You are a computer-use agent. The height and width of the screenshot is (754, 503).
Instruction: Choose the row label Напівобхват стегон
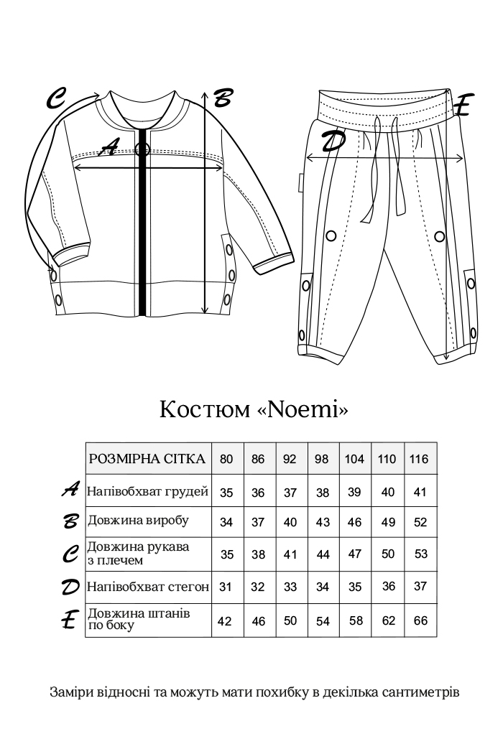click(x=147, y=587)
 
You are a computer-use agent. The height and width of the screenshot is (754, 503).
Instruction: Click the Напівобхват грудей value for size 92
click(x=290, y=493)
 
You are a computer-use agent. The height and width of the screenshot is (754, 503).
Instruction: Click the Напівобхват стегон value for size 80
click(x=225, y=587)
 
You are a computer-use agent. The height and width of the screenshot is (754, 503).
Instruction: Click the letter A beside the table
click(x=70, y=490)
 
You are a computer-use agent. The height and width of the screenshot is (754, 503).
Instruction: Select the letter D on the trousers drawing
click(x=332, y=141)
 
